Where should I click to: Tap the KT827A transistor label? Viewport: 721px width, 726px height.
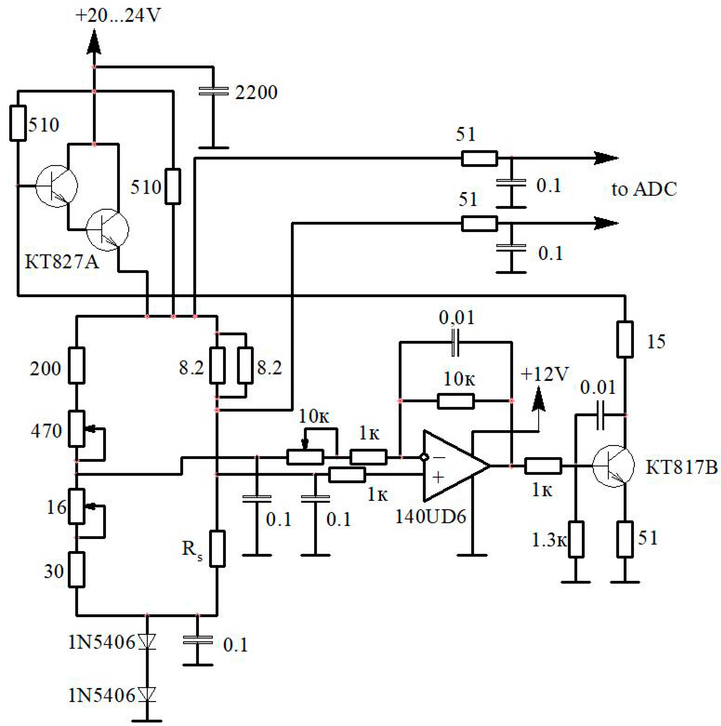62,262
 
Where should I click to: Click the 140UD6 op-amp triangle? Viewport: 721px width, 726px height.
453,466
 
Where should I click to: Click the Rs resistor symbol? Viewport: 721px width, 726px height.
217,548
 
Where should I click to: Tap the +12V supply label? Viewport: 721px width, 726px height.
545,374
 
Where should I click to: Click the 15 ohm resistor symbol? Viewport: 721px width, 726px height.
625,339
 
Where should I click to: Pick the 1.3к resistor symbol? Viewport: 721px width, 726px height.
576,539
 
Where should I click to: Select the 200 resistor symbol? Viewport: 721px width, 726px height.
77,365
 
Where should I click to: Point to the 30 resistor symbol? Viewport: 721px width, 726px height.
77,569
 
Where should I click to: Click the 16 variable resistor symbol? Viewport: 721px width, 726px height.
77,506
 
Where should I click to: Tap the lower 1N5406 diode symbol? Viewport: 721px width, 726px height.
147,695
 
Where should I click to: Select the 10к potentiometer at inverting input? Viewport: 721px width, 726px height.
305,457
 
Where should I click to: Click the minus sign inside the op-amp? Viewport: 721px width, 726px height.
439,457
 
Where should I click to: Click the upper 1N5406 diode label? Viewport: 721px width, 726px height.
101,642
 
